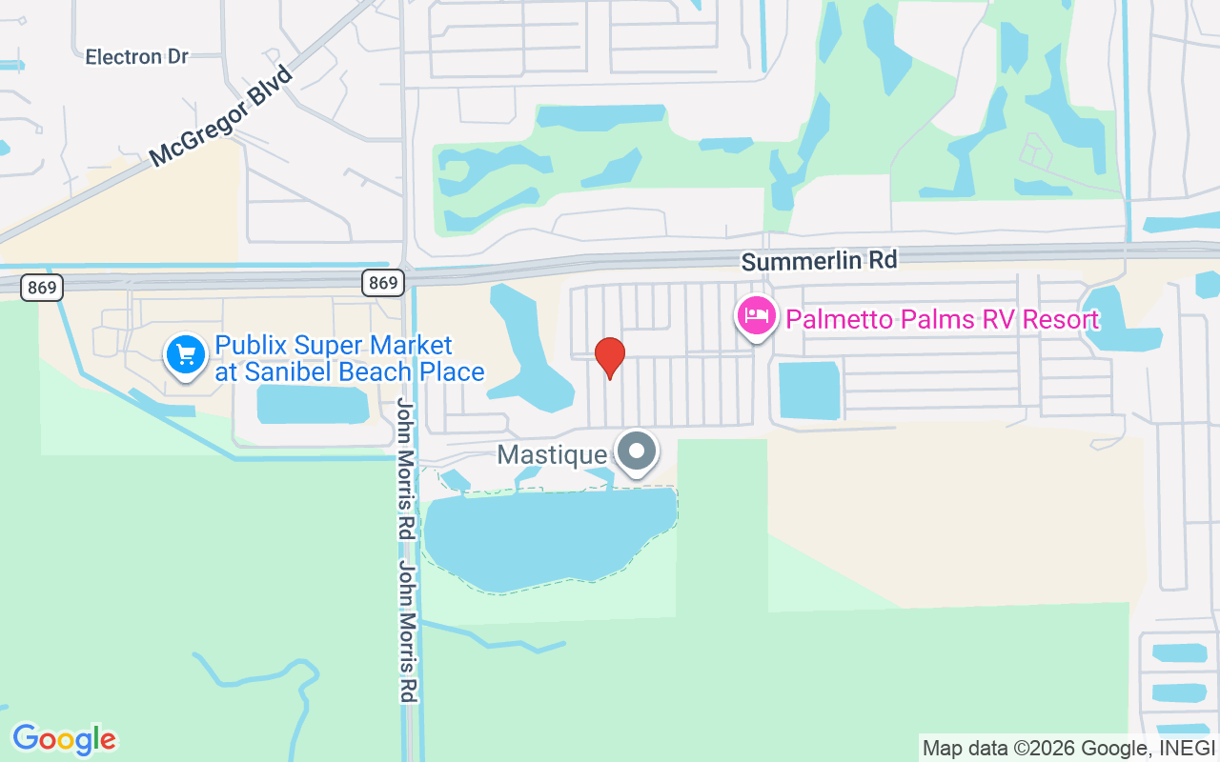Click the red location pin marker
tap(610, 357)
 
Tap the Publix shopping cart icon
tap(186, 355)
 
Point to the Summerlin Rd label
tap(819, 260)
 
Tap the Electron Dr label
tap(137, 57)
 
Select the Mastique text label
tap(552, 454)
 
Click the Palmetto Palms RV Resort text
tap(943, 319)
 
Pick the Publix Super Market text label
tap(334, 345)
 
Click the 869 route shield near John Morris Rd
tap(383, 283)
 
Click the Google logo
tap(64, 739)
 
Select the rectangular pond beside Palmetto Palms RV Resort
tap(809, 390)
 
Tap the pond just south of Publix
tap(312, 404)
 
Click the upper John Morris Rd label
tap(407, 470)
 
